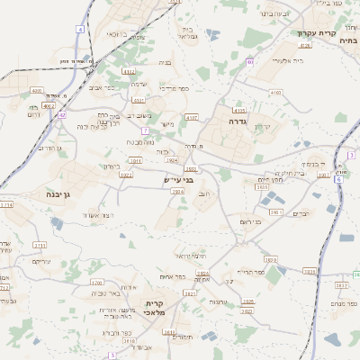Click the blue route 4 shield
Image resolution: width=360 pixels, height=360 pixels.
click(80, 30)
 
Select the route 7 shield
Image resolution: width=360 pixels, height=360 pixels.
click(145, 130)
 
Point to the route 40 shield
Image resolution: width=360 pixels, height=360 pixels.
click(249, 63)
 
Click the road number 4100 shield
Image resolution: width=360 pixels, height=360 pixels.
click(274, 93)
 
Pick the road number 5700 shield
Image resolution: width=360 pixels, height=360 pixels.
click(96, 282)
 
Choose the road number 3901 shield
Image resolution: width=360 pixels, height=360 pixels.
click(275, 212)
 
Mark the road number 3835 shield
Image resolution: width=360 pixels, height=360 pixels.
click(309, 271)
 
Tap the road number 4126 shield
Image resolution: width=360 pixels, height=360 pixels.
click(305, 44)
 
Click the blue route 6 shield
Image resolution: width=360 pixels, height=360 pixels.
click(337, 179)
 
